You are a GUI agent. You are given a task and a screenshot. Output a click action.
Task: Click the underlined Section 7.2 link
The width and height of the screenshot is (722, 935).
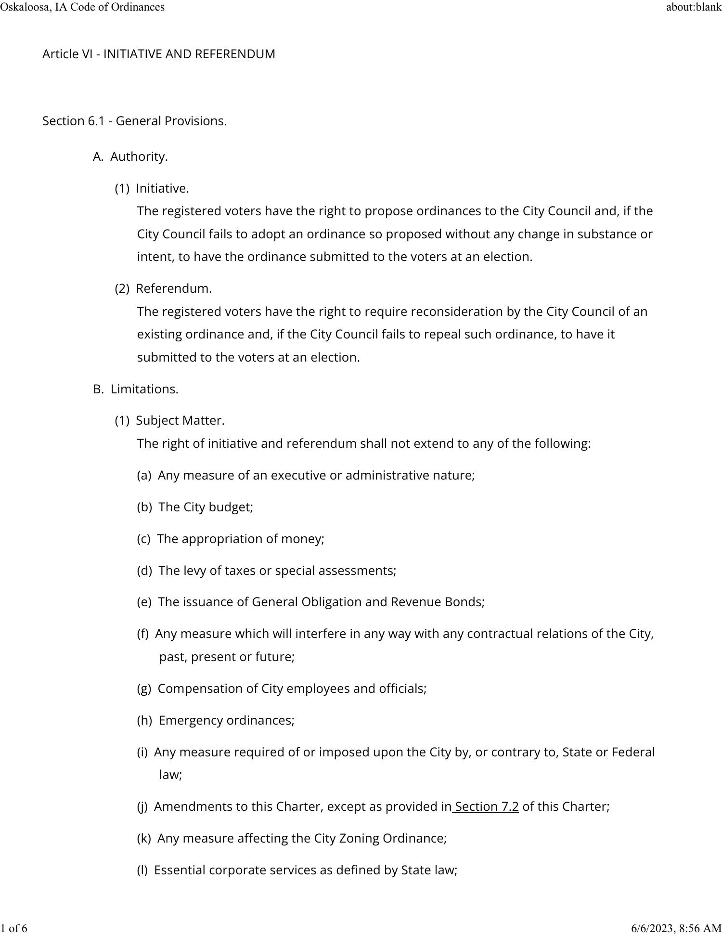(486, 806)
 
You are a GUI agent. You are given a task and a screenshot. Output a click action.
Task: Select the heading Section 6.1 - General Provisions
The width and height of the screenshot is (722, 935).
(134, 121)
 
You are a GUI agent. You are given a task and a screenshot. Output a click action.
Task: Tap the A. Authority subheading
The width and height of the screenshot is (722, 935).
(130, 156)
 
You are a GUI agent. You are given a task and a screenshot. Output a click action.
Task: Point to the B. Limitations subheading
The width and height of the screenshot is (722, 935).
(136, 389)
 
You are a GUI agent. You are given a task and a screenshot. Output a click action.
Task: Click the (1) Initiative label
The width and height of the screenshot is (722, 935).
(152, 188)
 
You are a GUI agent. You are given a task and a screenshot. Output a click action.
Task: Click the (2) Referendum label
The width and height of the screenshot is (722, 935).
(163, 288)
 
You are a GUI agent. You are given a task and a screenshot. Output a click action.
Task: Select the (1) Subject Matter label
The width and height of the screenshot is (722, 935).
(169, 420)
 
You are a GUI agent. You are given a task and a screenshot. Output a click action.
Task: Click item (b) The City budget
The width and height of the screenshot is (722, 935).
(195, 507)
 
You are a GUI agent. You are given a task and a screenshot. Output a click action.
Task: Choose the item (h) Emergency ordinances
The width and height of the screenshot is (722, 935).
(216, 720)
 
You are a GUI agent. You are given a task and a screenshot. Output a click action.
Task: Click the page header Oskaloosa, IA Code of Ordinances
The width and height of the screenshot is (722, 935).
(82, 7)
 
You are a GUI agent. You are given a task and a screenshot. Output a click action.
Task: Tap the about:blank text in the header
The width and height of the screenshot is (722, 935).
(694, 7)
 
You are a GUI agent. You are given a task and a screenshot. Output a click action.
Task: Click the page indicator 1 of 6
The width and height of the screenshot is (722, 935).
(14, 928)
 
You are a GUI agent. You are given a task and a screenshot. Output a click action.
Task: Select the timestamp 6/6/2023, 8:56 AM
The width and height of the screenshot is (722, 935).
(676, 928)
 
